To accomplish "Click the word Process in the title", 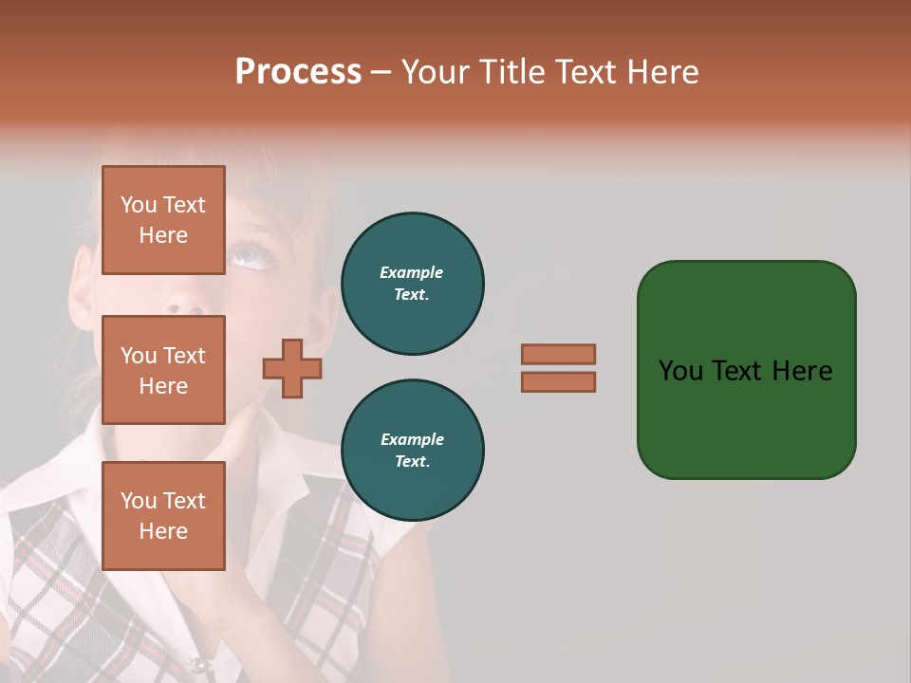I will (x=298, y=72).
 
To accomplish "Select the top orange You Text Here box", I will (x=163, y=220).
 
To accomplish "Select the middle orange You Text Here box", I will (x=163, y=370).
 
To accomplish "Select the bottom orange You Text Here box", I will (x=163, y=515).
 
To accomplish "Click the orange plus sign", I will (x=292, y=368).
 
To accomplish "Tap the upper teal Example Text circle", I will (x=412, y=284).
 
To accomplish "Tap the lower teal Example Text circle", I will (x=412, y=451).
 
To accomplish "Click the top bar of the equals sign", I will (x=558, y=354).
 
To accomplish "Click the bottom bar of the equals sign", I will (x=558, y=381).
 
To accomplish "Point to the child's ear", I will (x=84, y=275).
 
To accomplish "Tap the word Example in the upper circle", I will (x=412, y=272).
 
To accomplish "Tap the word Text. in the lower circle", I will (x=412, y=462).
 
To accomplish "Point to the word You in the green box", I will (x=680, y=371).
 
